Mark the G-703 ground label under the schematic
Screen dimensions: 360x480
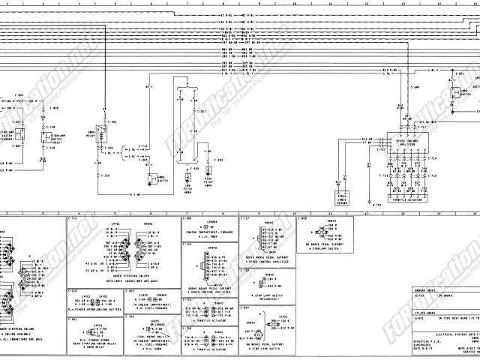click(x=377, y=204)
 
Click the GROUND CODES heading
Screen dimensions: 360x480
click(x=424, y=289)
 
